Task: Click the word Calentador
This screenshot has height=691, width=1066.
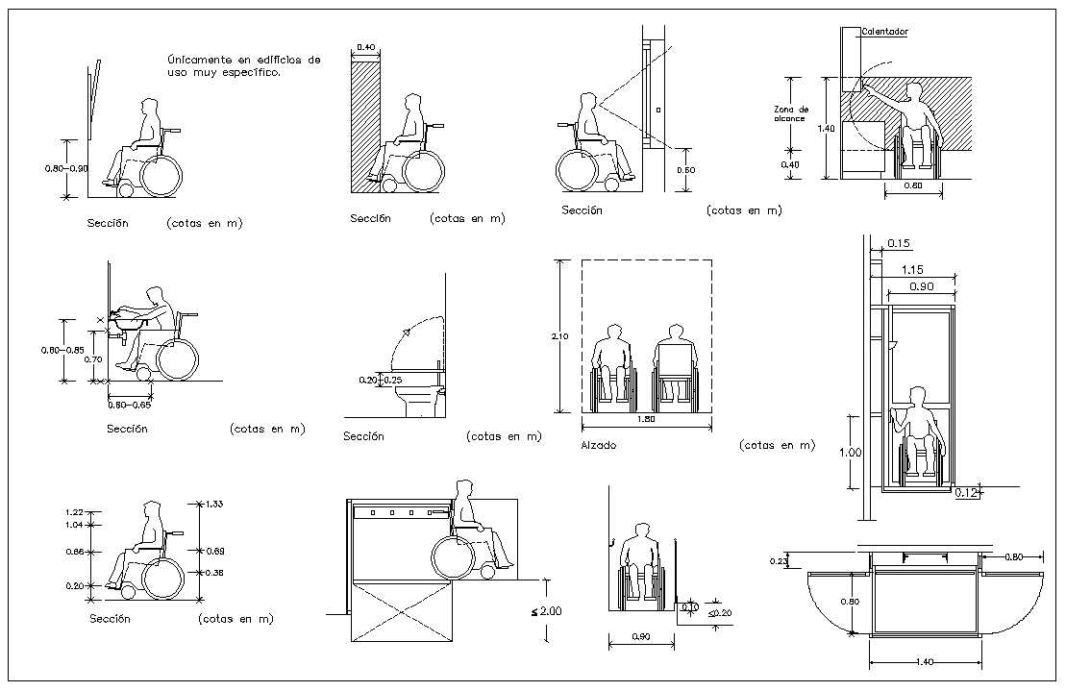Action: pyautogui.click(x=884, y=32)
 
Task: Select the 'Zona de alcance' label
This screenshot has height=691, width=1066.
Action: pyautogui.click(x=792, y=113)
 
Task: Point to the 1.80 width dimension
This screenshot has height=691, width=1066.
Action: pyautogui.click(x=646, y=419)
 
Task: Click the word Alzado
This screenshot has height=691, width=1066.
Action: pyautogui.click(x=598, y=446)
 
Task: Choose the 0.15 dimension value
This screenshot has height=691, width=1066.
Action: pyautogui.click(x=899, y=243)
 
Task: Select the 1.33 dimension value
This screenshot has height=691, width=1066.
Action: pyautogui.click(x=214, y=504)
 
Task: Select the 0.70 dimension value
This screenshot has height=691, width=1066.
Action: pyautogui.click(x=92, y=358)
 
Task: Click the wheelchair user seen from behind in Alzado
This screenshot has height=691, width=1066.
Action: pyautogui.click(x=677, y=370)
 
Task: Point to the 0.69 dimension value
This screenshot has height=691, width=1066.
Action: pyautogui.click(x=214, y=551)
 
